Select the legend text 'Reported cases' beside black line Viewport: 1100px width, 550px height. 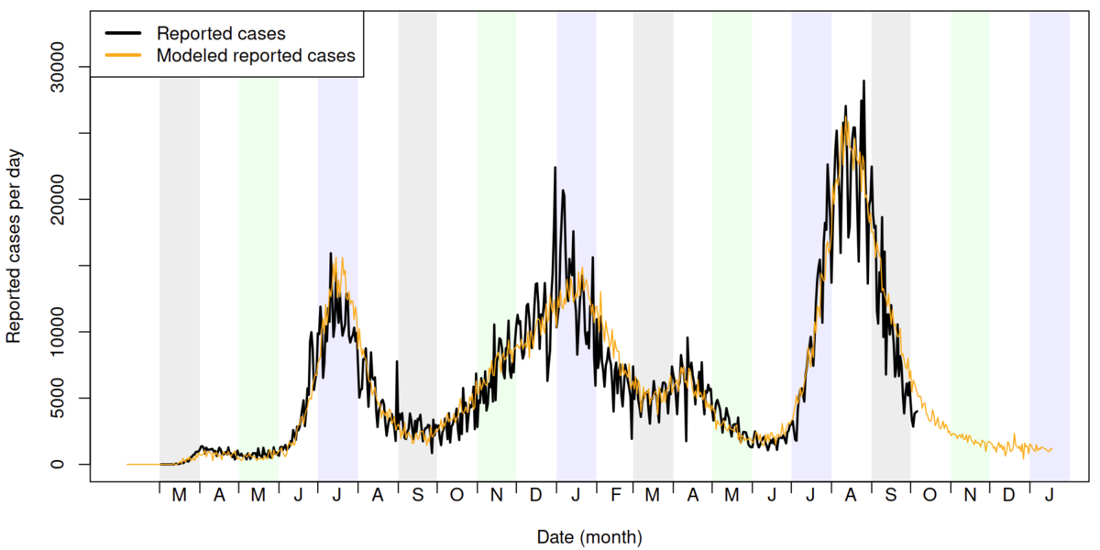point(221,33)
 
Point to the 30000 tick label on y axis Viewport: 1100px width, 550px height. point(69,67)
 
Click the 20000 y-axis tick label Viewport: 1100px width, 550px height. point(69,199)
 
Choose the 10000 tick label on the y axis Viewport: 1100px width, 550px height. point(69,332)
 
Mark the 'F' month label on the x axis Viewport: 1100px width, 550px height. point(616,496)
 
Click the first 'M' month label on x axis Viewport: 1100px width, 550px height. point(180,496)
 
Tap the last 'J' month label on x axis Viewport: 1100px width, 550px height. point(1050,496)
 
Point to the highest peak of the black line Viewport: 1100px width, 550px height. point(863,81)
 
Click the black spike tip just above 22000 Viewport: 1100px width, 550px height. point(555,168)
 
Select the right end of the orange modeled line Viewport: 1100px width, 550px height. point(1051,449)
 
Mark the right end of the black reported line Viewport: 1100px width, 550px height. point(916,412)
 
